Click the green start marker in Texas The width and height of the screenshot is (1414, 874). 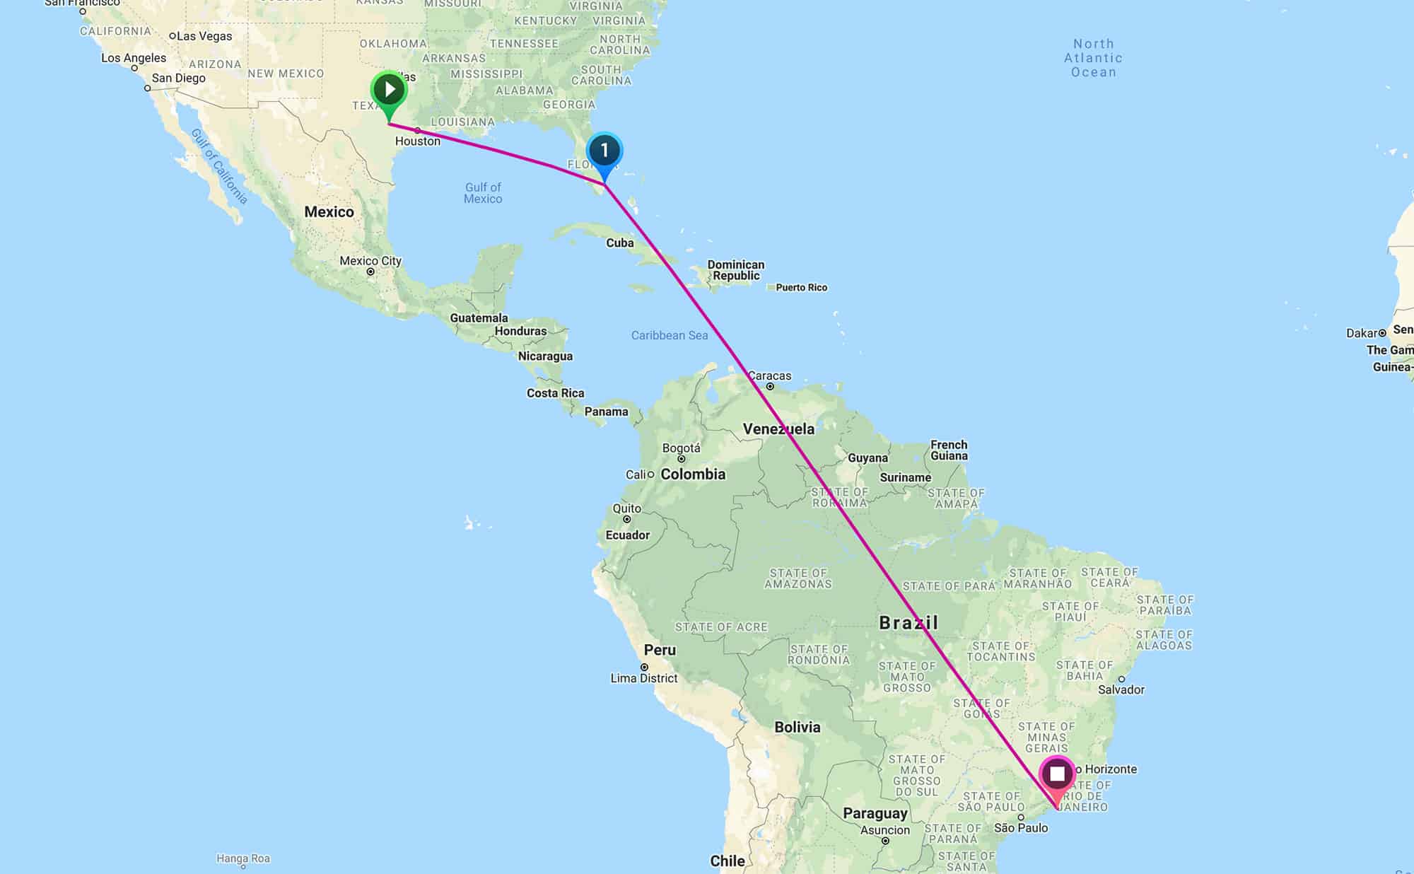pyautogui.click(x=388, y=91)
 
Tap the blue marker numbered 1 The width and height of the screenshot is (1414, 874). pyautogui.click(x=604, y=151)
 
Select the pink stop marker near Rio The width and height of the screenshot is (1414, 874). pyautogui.click(x=1057, y=774)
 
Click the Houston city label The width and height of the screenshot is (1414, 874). pyautogui.click(x=417, y=141)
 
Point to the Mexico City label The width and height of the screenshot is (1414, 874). pyautogui.click(x=370, y=261)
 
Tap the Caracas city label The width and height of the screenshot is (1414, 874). pyautogui.click(x=769, y=375)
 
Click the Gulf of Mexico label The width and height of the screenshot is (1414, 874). pyautogui.click(x=483, y=193)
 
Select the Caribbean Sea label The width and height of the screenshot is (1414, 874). pyautogui.click(x=669, y=335)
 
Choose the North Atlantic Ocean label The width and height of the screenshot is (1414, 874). pyautogui.click(x=1093, y=58)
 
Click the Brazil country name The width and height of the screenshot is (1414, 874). pyautogui.click(x=908, y=622)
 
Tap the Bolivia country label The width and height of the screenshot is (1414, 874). pyautogui.click(x=797, y=727)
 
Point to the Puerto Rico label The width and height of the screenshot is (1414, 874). pyautogui.click(x=801, y=287)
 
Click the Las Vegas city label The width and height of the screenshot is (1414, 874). pyautogui.click(x=204, y=36)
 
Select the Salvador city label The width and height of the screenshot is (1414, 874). pyautogui.click(x=1121, y=689)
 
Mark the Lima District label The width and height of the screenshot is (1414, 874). pyautogui.click(x=643, y=678)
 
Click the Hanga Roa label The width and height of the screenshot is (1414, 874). pyautogui.click(x=243, y=858)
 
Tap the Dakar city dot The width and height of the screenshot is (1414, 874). pyautogui.click(x=1382, y=333)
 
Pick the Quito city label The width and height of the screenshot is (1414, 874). pyautogui.click(x=626, y=508)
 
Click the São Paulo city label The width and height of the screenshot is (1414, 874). pyautogui.click(x=1021, y=828)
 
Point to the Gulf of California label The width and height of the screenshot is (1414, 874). pyautogui.click(x=219, y=167)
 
